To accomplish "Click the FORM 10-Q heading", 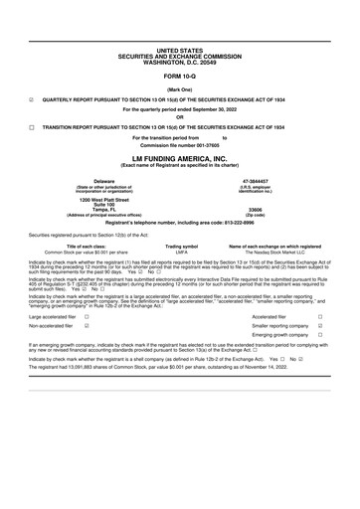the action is [179, 76].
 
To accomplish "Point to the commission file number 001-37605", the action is [179, 146].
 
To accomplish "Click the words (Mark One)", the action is [179, 88].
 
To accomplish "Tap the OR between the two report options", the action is [179, 117].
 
